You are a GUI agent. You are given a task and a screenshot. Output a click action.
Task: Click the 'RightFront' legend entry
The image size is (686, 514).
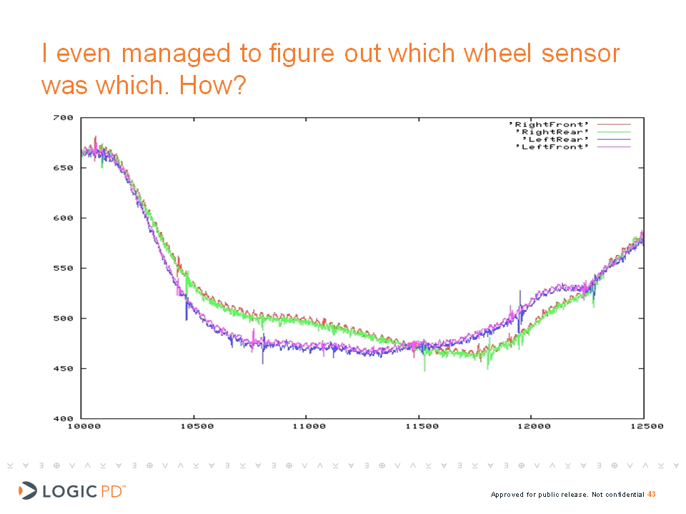555,125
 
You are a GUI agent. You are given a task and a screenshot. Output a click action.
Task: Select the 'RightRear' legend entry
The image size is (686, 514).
555,132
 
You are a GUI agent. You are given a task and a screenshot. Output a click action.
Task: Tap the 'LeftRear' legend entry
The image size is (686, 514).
557,139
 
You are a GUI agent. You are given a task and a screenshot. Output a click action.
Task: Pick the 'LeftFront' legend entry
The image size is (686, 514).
556,147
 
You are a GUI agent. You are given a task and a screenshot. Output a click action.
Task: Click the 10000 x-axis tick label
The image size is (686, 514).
84,426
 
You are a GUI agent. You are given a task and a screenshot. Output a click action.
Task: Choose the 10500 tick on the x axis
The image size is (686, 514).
196,426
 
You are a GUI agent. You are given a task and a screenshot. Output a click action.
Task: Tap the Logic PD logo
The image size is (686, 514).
71,490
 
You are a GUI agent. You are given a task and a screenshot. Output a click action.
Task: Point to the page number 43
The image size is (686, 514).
652,494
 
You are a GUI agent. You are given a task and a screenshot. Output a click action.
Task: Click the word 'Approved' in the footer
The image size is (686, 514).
507,495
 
